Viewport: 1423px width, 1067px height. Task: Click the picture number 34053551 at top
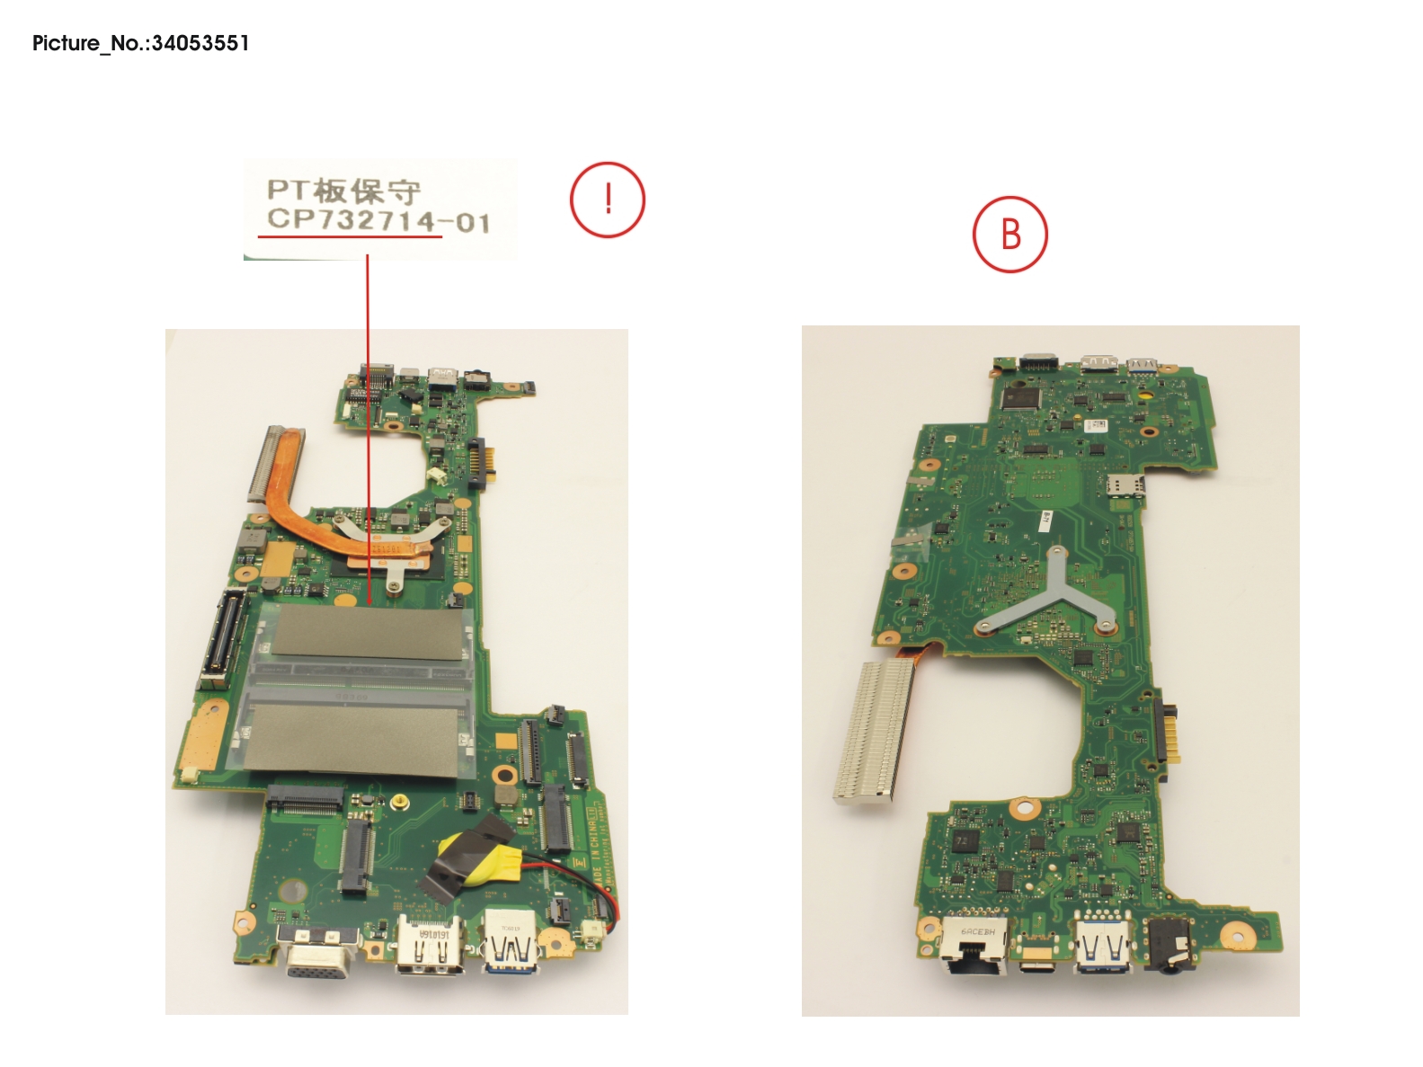[200, 43]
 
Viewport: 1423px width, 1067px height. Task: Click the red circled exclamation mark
[608, 200]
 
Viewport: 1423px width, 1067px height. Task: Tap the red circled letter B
[1009, 234]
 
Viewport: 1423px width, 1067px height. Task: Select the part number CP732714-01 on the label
[378, 221]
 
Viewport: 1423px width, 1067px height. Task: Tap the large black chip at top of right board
[1019, 397]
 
